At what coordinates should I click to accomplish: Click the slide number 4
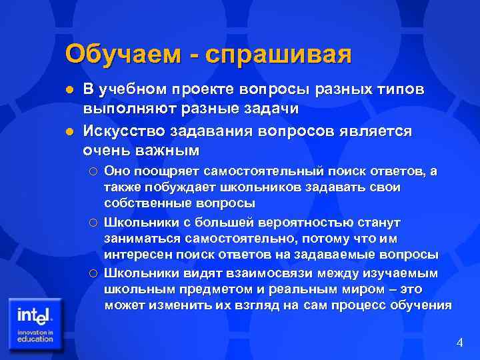459,343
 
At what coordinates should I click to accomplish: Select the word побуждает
167,187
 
